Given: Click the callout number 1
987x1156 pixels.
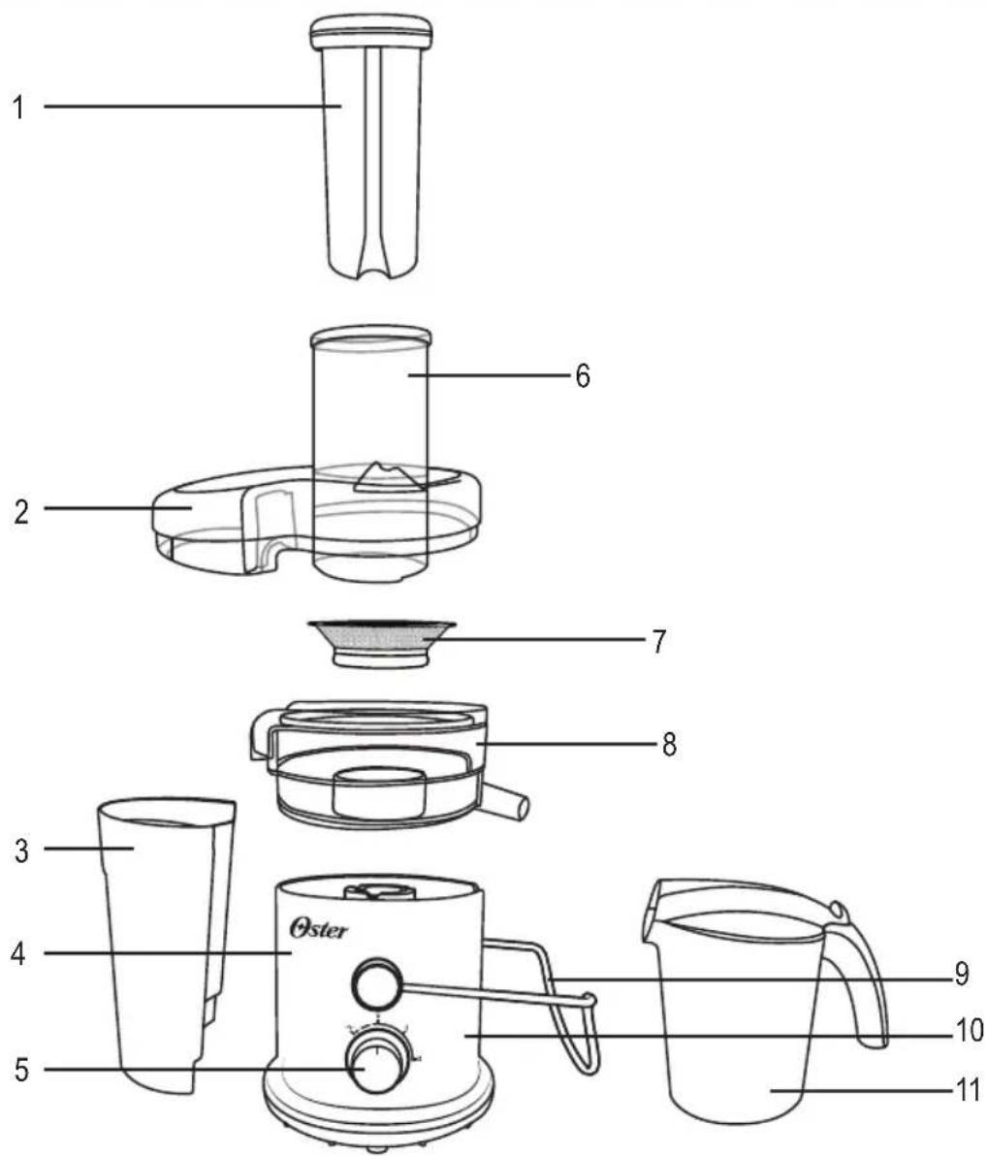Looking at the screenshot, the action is point(18,108).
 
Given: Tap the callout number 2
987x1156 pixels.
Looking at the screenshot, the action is point(22,511).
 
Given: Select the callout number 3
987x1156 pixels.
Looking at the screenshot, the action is point(22,851).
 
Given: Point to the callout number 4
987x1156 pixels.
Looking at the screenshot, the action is point(19,954).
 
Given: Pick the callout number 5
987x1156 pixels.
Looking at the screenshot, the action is point(22,1070).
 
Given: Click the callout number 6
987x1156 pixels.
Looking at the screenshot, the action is point(583,376).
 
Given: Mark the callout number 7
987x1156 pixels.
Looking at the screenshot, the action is point(659,641).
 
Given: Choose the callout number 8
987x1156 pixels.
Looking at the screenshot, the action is point(669,745).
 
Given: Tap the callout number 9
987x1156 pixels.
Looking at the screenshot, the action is point(961,976).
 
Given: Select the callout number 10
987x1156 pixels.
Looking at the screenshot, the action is point(968,1031).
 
